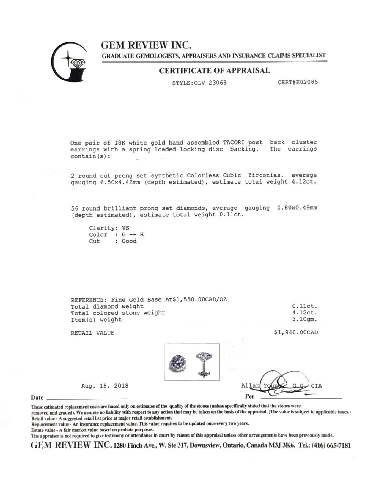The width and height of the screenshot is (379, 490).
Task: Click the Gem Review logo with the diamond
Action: pyautogui.click(x=69, y=62)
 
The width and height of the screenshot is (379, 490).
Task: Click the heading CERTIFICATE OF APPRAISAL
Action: pyautogui.click(x=214, y=71)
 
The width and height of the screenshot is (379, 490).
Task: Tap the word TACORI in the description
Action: pyautogui.click(x=234, y=143)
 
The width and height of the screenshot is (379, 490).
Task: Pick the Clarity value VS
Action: pyautogui.click(x=126, y=228)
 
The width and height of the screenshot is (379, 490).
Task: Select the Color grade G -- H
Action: pyautogui.click(x=133, y=235)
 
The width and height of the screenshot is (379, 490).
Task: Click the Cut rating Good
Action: pyautogui.click(x=129, y=241)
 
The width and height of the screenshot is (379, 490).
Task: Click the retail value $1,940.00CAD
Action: pyautogui.click(x=296, y=333)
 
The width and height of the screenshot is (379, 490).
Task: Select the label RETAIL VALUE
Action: pyautogui.click(x=92, y=333)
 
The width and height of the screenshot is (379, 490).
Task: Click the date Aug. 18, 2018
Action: pyautogui.click(x=105, y=386)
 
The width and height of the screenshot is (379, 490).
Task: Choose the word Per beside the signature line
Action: pyautogui.click(x=250, y=396)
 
